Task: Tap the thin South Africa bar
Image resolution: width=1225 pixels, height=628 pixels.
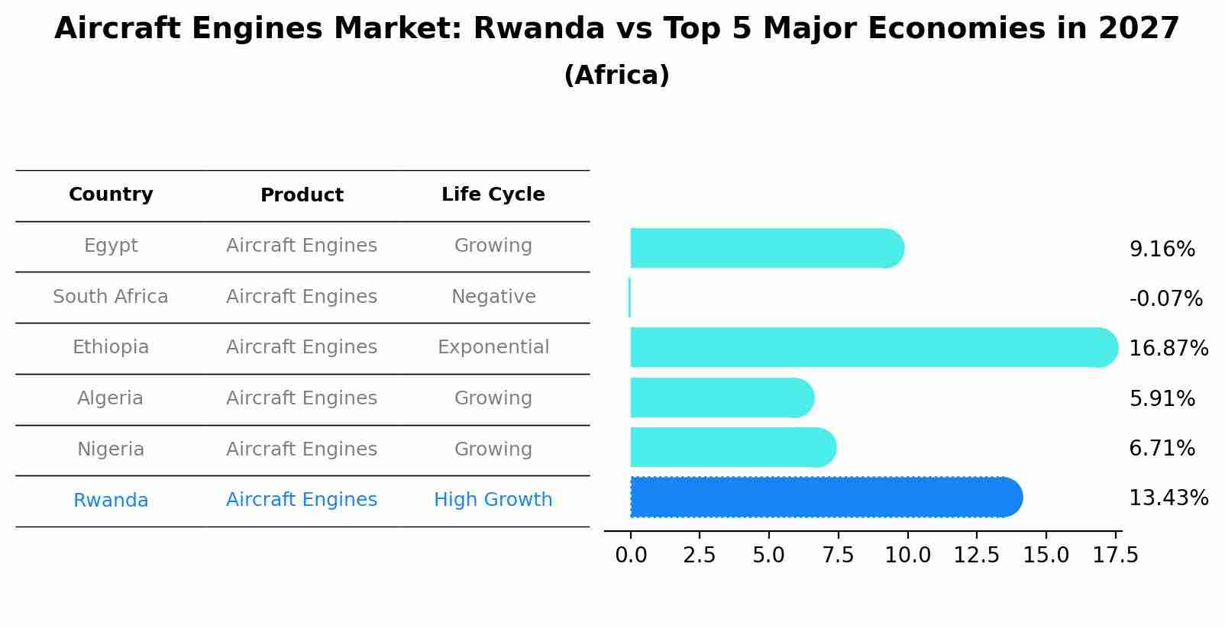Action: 629,298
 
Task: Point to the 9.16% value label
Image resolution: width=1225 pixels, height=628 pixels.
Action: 1162,250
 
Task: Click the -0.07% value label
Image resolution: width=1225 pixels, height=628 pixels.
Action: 1165,299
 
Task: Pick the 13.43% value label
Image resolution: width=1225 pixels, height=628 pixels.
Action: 1168,498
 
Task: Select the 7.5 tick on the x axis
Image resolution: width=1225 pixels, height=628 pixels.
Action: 838,555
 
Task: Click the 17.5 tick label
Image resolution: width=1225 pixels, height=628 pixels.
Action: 1115,555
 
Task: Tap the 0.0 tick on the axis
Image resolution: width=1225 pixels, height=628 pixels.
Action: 631,555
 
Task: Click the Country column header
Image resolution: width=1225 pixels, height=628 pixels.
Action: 111,195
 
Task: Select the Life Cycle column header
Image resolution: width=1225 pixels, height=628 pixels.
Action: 493,195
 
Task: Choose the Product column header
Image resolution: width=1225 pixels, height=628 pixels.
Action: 302,195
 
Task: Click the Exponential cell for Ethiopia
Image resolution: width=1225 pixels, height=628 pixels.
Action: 493,347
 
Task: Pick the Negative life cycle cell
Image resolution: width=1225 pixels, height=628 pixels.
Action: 493,297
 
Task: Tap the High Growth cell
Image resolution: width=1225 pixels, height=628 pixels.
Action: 493,500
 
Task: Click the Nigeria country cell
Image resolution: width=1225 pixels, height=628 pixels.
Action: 111,449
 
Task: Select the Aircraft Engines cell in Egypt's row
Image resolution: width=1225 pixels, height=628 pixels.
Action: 302,246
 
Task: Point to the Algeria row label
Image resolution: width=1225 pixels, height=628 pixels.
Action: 111,398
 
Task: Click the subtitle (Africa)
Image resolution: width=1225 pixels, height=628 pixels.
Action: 616,76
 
